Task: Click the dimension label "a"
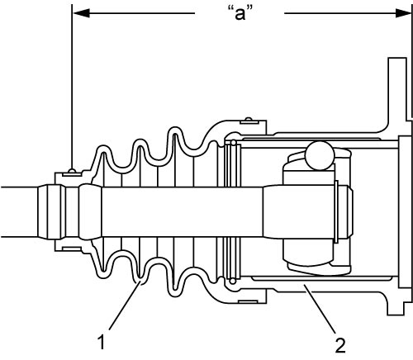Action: [x=240, y=13]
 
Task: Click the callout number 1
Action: [x=102, y=343]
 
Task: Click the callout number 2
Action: [x=340, y=346]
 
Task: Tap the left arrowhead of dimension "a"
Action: [x=81, y=13]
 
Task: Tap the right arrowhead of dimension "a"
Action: [x=404, y=13]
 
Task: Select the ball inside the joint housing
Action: [x=320, y=155]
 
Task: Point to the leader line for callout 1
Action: [x=125, y=306]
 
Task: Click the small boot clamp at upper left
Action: [x=72, y=173]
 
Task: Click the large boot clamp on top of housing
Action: [x=249, y=121]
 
